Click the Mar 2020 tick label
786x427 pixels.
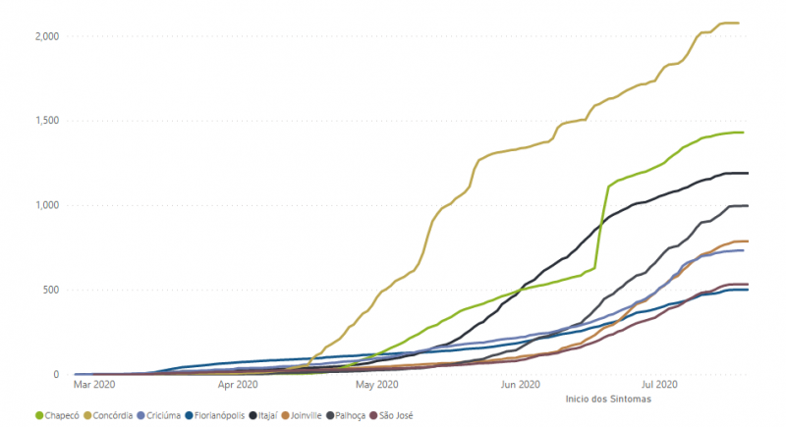(x=95, y=386)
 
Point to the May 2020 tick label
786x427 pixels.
(x=377, y=386)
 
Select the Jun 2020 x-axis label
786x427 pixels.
(x=521, y=386)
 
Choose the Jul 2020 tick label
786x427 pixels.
(x=660, y=386)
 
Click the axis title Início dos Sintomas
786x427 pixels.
(x=609, y=400)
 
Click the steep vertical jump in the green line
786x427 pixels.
(x=602, y=226)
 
